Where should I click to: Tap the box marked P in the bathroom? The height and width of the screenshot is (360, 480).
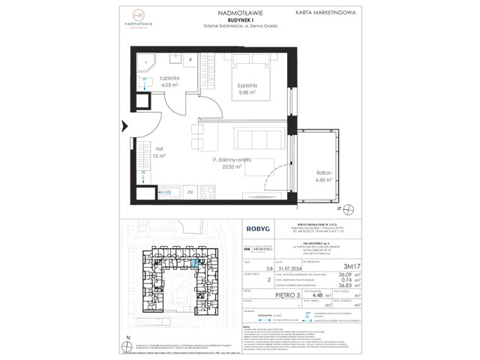click(x=190, y=59)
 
